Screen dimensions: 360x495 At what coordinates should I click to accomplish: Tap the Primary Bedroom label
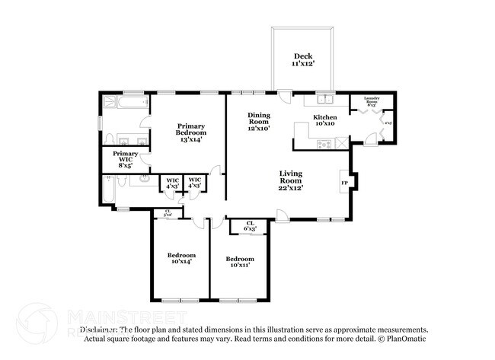tap(190, 132)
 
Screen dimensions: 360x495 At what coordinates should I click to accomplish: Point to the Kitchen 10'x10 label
tap(325, 120)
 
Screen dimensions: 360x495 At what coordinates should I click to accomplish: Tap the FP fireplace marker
tap(344, 183)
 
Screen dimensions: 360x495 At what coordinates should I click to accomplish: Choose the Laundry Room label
tap(372, 100)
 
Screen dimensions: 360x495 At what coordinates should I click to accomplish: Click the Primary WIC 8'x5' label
tap(126, 158)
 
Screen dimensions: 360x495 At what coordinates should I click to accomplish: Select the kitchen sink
tap(325, 99)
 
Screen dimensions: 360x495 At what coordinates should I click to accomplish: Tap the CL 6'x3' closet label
tap(249, 225)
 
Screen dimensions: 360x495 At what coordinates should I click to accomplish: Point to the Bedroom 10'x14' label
tap(182, 258)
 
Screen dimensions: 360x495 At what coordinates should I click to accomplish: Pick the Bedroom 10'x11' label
tap(240, 263)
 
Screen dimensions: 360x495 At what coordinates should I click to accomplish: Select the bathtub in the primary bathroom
tap(122, 100)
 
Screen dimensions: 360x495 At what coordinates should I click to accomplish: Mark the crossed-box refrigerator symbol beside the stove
tap(342, 142)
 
